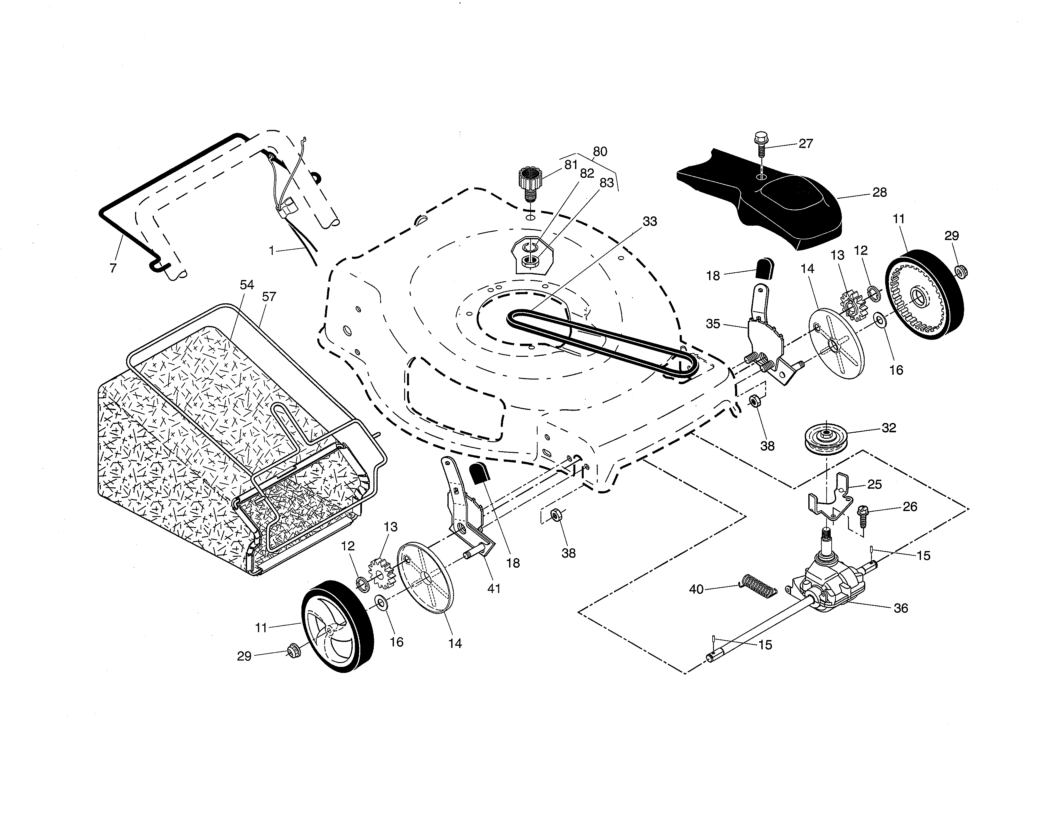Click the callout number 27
[x=805, y=144]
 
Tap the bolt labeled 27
[x=761, y=145]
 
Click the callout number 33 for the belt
[x=650, y=221]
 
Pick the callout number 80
[x=600, y=151]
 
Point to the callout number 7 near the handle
[x=113, y=268]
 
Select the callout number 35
[x=713, y=324]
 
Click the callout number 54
[x=247, y=285]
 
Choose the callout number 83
[x=606, y=183]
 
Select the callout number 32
[x=889, y=428]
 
